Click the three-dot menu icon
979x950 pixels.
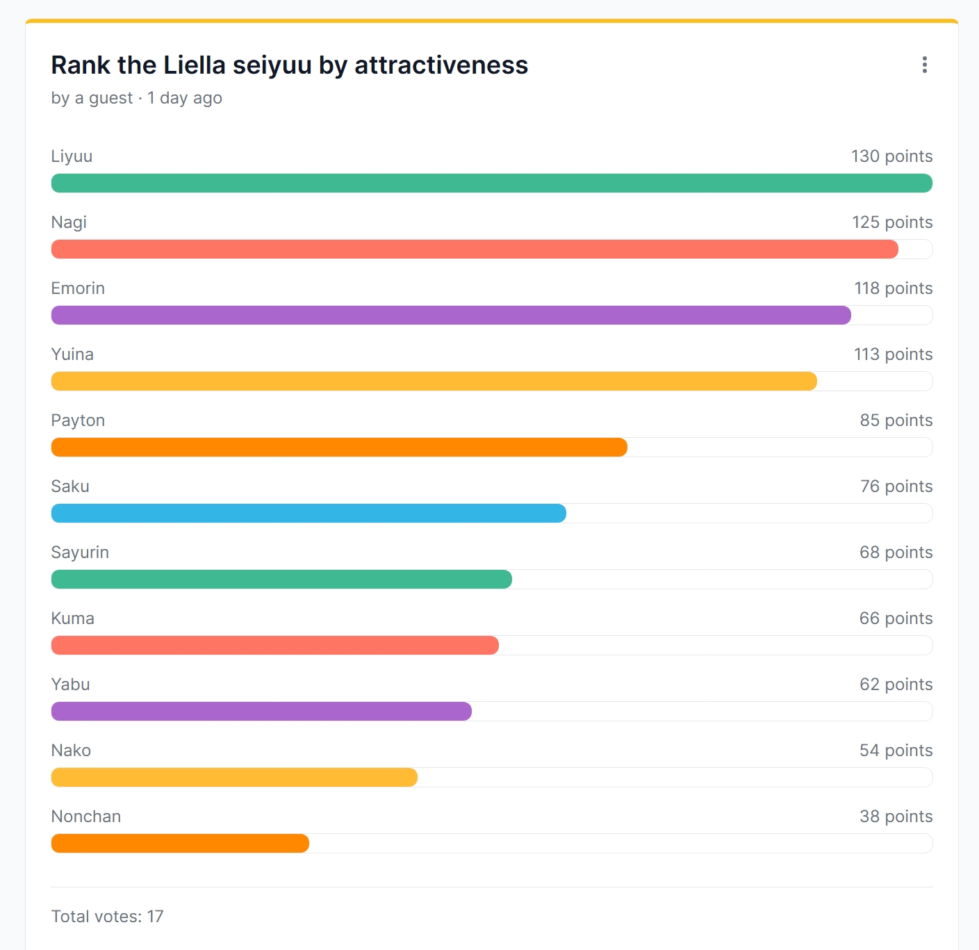click(924, 65)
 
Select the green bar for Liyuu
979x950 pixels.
click(491, 183)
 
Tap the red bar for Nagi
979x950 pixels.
click(475, 249)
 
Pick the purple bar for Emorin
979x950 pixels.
click(451, 316)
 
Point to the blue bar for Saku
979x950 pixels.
click(308, 514)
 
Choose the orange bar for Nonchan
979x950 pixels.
click(180, 844)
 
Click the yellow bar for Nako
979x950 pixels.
click(234, 778)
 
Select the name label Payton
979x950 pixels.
click(78, 420)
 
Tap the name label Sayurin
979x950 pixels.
click(80, 552)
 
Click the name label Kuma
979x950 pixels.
click(72, 619)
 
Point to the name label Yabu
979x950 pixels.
click(70, 685)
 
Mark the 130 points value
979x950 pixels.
click(891, 156)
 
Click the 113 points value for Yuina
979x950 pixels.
click(893, 354)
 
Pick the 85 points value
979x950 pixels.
click(896, 420)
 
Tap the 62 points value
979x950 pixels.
click(896, 685)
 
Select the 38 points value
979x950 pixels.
click(896, 817)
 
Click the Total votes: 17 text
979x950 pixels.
click(107, 917)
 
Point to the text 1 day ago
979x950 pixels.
click(185, 98)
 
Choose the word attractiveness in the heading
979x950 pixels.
click(441, 65)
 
